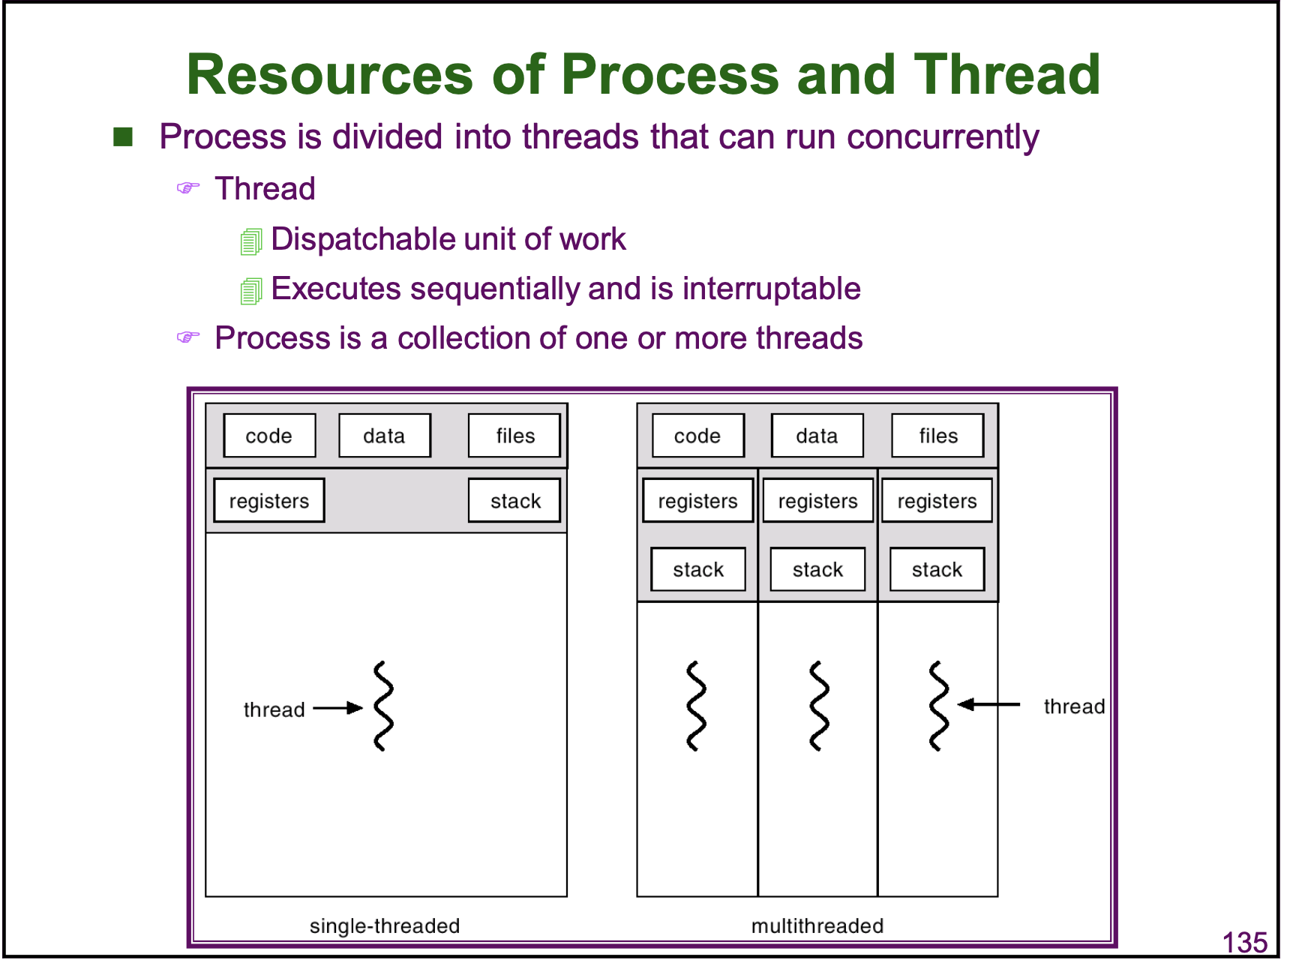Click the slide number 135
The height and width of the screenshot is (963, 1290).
[1244, 942]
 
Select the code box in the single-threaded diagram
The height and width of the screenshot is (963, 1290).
[269, 436]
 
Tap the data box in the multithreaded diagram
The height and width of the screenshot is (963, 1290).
[817, 436]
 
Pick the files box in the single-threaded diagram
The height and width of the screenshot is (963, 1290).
[514, 436]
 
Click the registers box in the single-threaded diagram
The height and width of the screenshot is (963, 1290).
[269, 501]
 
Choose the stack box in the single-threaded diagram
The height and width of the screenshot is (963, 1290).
[514, 501]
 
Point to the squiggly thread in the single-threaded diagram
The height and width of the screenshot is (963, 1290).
[383, 706]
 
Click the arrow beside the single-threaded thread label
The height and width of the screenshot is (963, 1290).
[337, 708]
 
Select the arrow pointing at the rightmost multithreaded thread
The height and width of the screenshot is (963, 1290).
[989, 704]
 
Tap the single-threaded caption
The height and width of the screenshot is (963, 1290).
[385, 926]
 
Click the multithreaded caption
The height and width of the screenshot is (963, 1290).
[817, 926]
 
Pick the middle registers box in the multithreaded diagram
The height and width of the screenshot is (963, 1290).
[817, 501]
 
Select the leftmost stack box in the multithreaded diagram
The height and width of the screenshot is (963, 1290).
[698, 570]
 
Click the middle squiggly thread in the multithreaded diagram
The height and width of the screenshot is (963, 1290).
[819, 706]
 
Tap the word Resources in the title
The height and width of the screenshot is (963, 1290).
[330, 75]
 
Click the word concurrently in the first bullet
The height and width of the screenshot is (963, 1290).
[943, 137]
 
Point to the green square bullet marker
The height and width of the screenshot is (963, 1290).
[123, 137]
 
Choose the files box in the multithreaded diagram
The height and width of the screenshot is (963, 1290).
[937, 436]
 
